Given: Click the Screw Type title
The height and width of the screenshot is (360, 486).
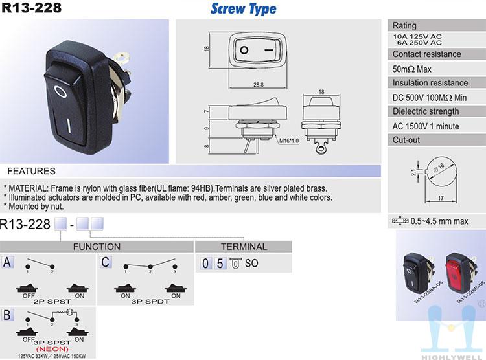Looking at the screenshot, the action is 243,8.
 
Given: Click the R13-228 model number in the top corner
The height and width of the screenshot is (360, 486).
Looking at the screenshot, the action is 31,7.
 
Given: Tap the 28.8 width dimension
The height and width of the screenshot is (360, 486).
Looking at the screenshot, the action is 258,85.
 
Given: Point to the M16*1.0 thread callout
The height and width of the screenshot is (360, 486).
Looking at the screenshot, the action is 289,141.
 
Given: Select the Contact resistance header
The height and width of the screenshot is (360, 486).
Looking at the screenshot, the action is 426,54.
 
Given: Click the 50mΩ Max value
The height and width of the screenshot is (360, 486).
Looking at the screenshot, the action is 411,69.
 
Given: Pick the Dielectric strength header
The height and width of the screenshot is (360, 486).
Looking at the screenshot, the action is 426,111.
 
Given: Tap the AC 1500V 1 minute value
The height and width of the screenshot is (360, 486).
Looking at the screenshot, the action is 426,126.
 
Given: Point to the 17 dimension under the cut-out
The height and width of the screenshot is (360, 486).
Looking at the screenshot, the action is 441,198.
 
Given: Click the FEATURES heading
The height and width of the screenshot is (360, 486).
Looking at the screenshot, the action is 31,171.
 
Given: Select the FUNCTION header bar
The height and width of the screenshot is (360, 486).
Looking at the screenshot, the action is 97,247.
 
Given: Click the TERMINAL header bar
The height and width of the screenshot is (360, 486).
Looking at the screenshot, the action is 244,247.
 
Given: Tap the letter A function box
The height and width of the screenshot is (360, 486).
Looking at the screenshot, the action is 7,262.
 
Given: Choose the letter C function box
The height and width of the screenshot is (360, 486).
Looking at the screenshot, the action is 106,262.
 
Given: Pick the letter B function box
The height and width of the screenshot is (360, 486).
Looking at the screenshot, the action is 7,315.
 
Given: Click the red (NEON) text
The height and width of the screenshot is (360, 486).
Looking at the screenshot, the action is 52,349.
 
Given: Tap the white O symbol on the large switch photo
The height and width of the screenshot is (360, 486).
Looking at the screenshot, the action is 60,92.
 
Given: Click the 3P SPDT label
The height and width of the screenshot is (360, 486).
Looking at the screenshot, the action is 150,302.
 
